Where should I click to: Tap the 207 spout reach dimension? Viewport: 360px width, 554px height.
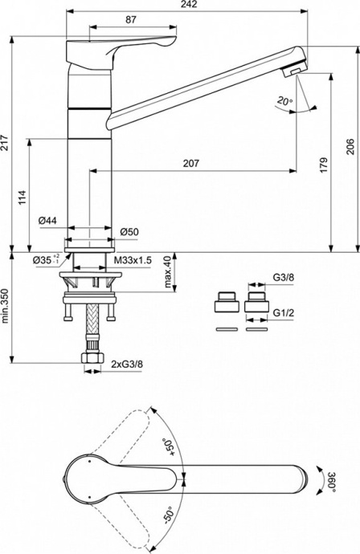coord(190,163)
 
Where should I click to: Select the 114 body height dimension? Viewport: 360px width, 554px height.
coord(22,198)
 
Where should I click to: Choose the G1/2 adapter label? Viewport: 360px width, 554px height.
coord(281,312)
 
